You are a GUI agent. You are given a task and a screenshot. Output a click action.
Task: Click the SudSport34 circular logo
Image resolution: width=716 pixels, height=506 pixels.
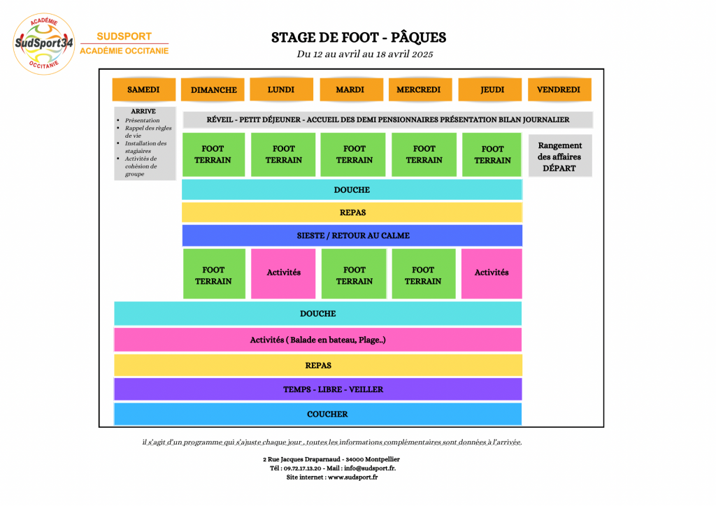click(x=44, y=44)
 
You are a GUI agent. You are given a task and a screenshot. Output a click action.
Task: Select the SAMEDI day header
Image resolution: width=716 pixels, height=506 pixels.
click(x=144, y=89)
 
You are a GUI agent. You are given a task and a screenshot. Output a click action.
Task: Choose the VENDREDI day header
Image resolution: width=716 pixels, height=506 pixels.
click(x=559, y=89)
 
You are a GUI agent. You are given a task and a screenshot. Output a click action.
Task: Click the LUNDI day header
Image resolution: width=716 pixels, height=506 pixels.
click(x=281, y=89)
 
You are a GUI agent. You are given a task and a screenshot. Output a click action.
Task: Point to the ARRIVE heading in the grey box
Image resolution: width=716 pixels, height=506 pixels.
click(x=143, y=111)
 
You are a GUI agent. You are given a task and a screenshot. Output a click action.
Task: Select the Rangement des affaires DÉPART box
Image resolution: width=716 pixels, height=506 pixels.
click(x=560, y=156)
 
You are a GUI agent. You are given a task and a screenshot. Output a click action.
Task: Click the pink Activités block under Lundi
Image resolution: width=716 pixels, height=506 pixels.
click(x=283, y=273)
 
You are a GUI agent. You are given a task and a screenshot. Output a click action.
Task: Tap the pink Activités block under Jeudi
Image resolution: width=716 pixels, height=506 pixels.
click(x=492, y=273)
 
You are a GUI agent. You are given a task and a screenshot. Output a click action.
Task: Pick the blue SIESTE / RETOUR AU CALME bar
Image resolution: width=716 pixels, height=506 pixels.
click(x=352, y=236)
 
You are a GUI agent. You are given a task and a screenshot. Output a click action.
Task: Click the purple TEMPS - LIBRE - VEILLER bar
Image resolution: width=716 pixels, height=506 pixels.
click(x=318, y=389)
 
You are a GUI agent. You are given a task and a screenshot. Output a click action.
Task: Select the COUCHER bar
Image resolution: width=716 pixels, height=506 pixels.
click(x=318, y=414)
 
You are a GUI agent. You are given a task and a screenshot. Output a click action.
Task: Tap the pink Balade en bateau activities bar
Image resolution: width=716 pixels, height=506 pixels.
click(x=318, y=340)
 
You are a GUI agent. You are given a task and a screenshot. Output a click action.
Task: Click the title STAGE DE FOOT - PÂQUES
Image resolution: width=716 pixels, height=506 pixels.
click(x=359, y=38)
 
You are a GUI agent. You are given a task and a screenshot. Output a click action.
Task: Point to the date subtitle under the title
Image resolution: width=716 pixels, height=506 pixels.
click(x=365, y=55)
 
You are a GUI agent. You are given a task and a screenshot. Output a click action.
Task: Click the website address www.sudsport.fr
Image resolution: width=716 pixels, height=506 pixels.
click(x=352, y=477)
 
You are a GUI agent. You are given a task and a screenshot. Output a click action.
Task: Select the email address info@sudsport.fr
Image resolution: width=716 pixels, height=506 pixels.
click(x=369, y=468)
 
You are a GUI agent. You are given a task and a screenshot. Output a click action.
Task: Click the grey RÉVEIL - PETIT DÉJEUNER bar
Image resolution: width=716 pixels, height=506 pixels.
click(x=387, y=120)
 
